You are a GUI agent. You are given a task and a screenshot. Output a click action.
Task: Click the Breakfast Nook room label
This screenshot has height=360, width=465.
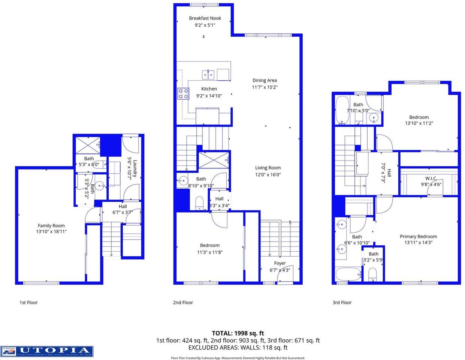point(205,18)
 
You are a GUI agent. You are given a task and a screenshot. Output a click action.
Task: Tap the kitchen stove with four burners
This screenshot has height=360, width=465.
point(183,93)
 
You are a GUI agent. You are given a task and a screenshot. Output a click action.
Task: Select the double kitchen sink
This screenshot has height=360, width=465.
point(208,75)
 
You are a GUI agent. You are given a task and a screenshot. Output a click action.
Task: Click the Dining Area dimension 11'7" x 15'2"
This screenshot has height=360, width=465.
point(265,87)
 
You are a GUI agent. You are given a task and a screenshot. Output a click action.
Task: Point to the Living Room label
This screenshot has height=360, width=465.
point(268,168)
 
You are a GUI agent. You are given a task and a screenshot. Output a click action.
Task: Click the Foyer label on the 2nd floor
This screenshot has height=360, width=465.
point(280,263)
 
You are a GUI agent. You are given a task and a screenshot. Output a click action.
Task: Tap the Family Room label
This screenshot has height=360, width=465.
point(51,225)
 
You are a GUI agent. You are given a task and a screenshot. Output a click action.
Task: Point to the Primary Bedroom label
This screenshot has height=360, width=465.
point(418,236)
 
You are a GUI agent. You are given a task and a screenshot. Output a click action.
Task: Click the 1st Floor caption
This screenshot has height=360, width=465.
point(28,302)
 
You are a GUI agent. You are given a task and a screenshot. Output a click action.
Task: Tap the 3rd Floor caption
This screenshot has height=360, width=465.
point(342,302)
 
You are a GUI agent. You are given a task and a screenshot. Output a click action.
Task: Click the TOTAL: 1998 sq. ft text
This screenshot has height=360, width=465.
point(238,333)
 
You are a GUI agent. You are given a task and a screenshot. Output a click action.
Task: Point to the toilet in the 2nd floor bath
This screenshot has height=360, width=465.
point(199,203)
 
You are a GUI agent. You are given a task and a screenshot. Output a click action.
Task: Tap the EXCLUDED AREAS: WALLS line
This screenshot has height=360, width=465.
point(238,348)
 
